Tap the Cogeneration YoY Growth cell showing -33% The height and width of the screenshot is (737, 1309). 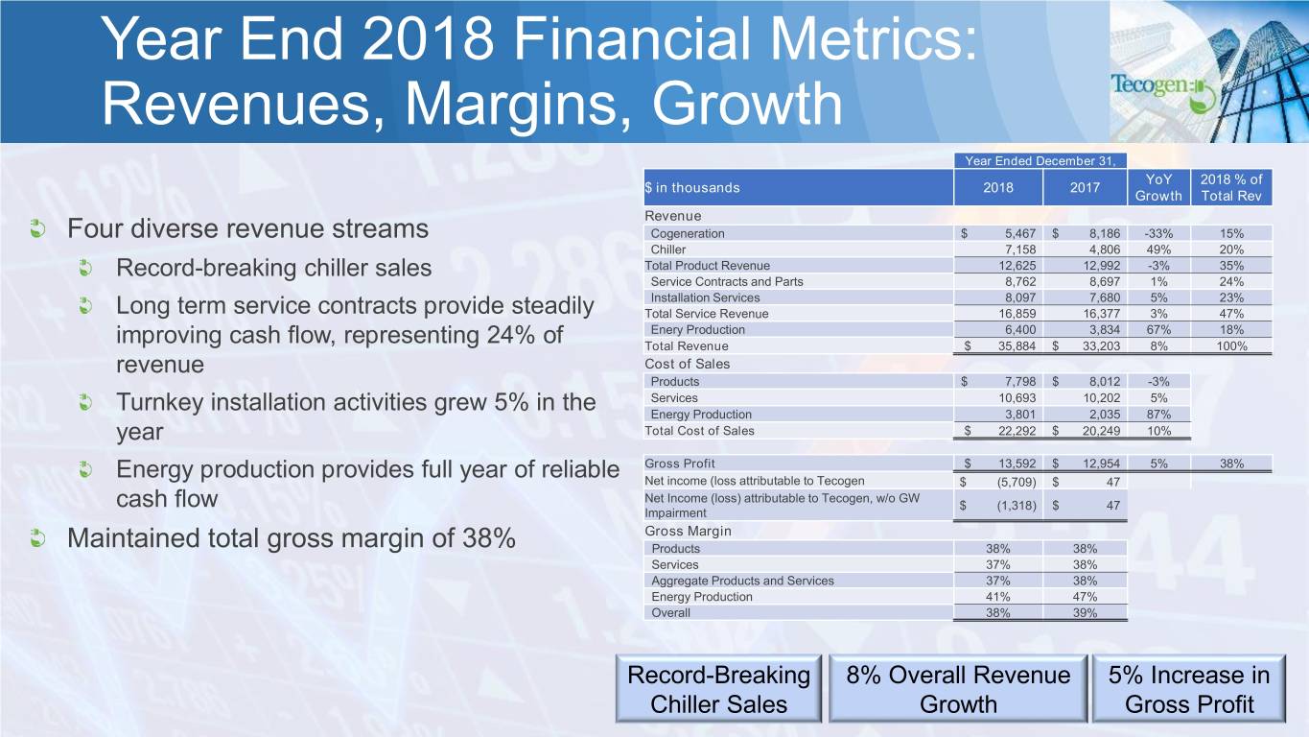point(1158,233)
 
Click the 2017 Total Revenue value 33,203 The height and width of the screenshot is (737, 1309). point(1101,346)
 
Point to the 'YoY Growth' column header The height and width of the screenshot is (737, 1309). point(1158,187)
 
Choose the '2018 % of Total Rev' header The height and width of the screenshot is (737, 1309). point(1231,187)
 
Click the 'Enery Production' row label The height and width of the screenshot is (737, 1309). point(698,330)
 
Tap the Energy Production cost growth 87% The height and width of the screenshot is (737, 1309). point(1158,415)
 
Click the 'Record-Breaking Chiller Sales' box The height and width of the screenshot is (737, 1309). point(718,689)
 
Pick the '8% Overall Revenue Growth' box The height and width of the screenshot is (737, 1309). point(958,689)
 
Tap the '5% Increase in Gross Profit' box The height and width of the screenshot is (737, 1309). point(1188,689)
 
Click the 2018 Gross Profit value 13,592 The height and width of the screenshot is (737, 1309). point(1017,464)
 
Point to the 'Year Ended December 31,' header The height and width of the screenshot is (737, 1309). point(1040,161)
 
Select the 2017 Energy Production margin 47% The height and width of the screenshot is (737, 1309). point(1085,597)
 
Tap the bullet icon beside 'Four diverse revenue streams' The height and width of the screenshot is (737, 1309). point(38,228)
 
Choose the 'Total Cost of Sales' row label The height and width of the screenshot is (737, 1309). point(699,431)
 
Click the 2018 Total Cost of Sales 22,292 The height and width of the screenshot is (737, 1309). point(1017,431)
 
